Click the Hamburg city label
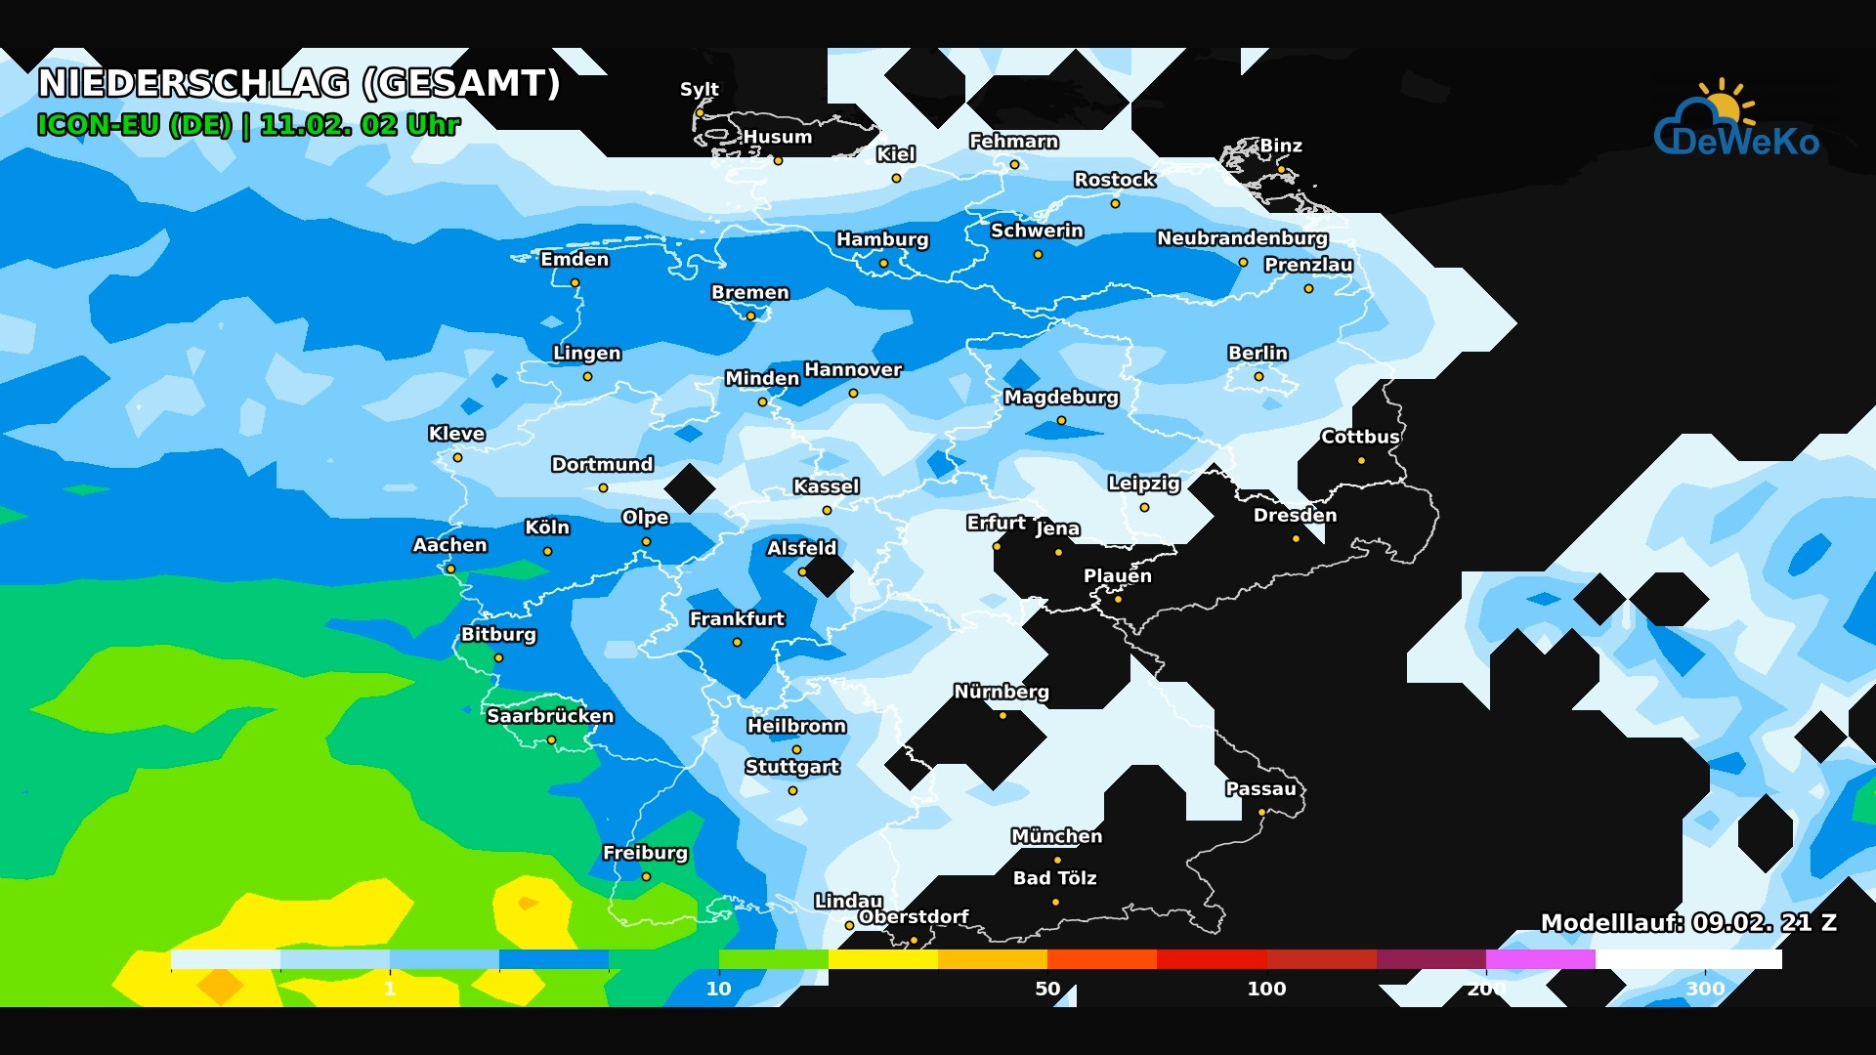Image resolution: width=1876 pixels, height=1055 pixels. (882, 239)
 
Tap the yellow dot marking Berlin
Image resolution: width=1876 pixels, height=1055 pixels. (1258, 376)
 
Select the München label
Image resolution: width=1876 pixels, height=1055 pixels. (1056, 836)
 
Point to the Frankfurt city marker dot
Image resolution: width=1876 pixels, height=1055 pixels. (737, 642)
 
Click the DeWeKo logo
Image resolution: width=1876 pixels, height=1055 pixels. (1735, 123)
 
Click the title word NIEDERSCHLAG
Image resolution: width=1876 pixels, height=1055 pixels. (193, 83)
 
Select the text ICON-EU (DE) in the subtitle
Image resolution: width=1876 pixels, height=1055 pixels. (134, 125)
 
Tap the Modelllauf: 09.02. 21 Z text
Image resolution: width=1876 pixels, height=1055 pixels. (1687, 922)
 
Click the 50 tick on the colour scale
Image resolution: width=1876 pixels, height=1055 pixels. (1047, 988)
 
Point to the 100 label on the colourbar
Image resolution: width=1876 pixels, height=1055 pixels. (1266, 988)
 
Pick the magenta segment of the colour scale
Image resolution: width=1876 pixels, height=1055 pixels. (1540, 959)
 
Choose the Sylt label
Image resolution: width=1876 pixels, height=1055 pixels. (699, 89)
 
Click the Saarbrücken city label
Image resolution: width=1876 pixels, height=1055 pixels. (550, 716)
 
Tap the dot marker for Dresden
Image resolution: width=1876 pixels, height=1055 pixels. (1296, 538)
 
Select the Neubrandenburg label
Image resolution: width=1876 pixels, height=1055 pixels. (1242, 238)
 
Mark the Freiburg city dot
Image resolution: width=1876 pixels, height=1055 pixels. (646, 876)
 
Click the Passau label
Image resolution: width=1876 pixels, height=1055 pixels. (1260, 789)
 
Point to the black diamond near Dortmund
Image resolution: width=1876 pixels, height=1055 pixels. (690, 488)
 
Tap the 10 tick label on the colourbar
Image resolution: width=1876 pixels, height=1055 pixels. (719, 988)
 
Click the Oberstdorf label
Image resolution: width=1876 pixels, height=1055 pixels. (913, 916)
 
